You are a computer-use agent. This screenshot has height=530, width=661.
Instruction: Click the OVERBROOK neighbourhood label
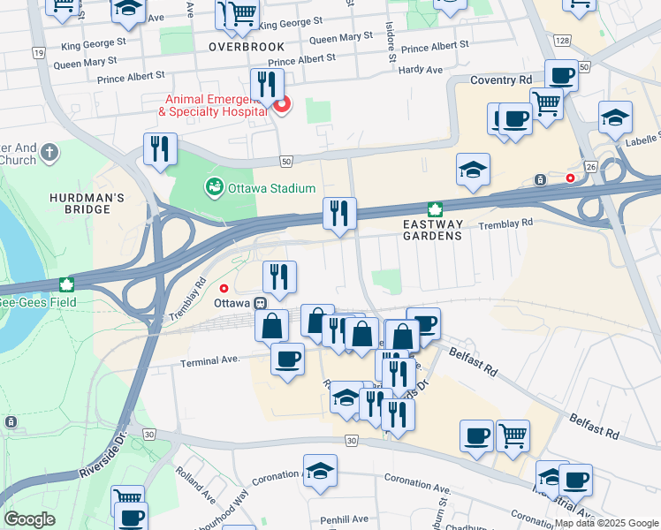tap(247, 46)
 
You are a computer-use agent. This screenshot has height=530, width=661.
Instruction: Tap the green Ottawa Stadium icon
tap(213, 188)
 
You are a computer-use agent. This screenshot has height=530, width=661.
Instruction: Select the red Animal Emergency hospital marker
tap(282, 108)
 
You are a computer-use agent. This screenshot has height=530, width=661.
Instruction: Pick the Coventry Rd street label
tap(494, 80)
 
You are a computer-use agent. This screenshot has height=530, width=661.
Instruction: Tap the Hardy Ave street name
tap(420, 70)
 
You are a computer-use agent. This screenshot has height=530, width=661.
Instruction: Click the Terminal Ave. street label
tap(210, 361)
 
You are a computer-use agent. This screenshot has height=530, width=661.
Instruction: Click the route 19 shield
tap(38, 53)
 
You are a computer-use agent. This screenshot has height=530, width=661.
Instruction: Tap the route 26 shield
tap(589, 166)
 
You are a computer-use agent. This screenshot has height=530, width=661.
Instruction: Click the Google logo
tap(30, 519)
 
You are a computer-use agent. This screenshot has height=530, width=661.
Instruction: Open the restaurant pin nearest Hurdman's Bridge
tap(160, 148)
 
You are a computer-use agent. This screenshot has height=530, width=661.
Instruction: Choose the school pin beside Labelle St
tap(615, 117)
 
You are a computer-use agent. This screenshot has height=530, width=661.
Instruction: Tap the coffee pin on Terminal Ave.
tap(287, 358)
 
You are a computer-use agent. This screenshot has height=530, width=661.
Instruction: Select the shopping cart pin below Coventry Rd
tap(547, 102)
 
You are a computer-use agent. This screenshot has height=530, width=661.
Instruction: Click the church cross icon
tap(49, 152)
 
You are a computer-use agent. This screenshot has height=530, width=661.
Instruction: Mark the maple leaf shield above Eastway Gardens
tap(434, 209)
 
